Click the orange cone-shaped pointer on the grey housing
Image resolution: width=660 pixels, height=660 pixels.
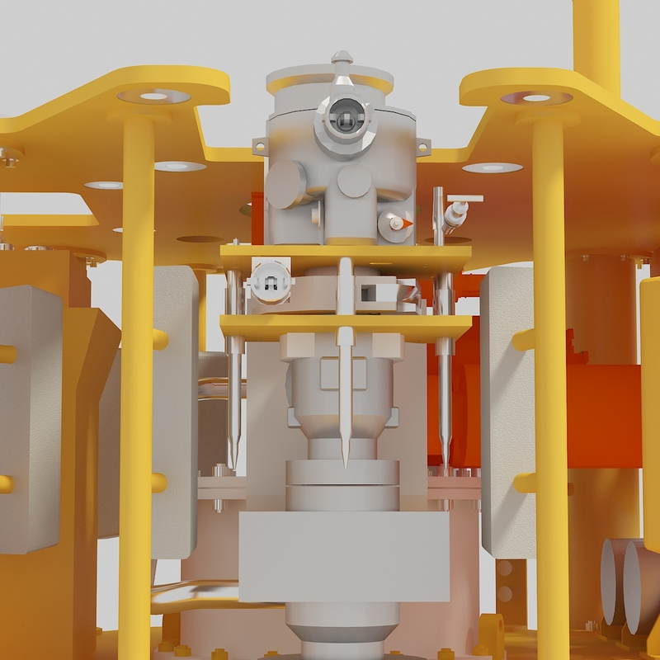pyautogui.click(x=397, y=224)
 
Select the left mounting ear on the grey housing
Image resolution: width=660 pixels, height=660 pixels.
pyautogui.click(x=259, y=146)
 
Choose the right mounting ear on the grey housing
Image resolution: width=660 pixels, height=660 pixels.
pyautogui.click(x=423, y=146)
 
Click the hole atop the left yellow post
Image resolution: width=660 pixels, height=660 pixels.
pyautogui.click(x=153, y=97)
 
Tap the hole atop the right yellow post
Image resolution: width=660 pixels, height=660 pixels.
pyautogui.click(x=536, y=98)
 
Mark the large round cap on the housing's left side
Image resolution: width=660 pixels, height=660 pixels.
pyautogui.click(x=285, y=183)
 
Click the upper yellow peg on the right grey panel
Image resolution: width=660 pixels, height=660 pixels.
pyautogui.click(x=521, y=339)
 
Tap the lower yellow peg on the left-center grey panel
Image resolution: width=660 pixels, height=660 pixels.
pyautogui.click(x=157, y=483)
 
